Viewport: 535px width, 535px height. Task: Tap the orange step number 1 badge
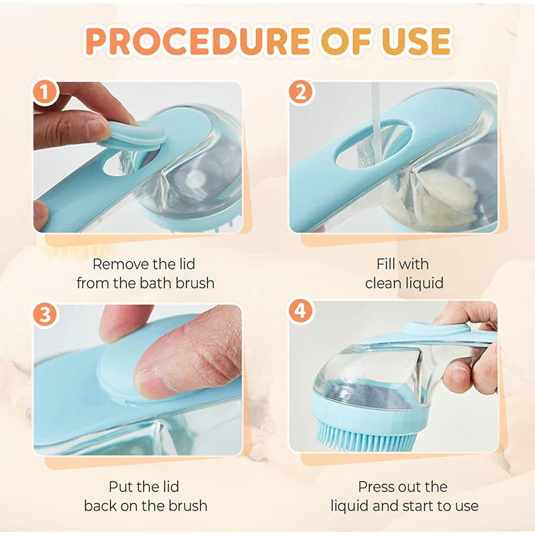pyautogui.click(x=46, y=94)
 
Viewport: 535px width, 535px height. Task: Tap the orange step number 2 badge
pyautogui.click(x=301, y=93)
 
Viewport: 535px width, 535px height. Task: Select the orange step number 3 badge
pyautogui.click(x=46, y=314)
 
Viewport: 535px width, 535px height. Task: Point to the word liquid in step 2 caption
pyautogui.click(x=423, y=284)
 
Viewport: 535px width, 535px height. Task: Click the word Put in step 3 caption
pyautogui.click(x=120, y=486)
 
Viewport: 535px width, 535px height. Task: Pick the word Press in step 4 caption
pyautogui.click(x=376, y=486)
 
